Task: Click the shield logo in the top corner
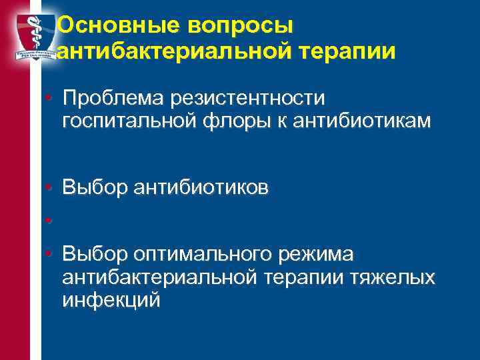[30, 37]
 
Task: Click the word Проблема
[115, 99]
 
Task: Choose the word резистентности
[250, 99]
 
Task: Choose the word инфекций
[111, 299]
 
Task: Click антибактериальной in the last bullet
[153, 277]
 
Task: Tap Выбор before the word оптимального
[94, 254]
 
